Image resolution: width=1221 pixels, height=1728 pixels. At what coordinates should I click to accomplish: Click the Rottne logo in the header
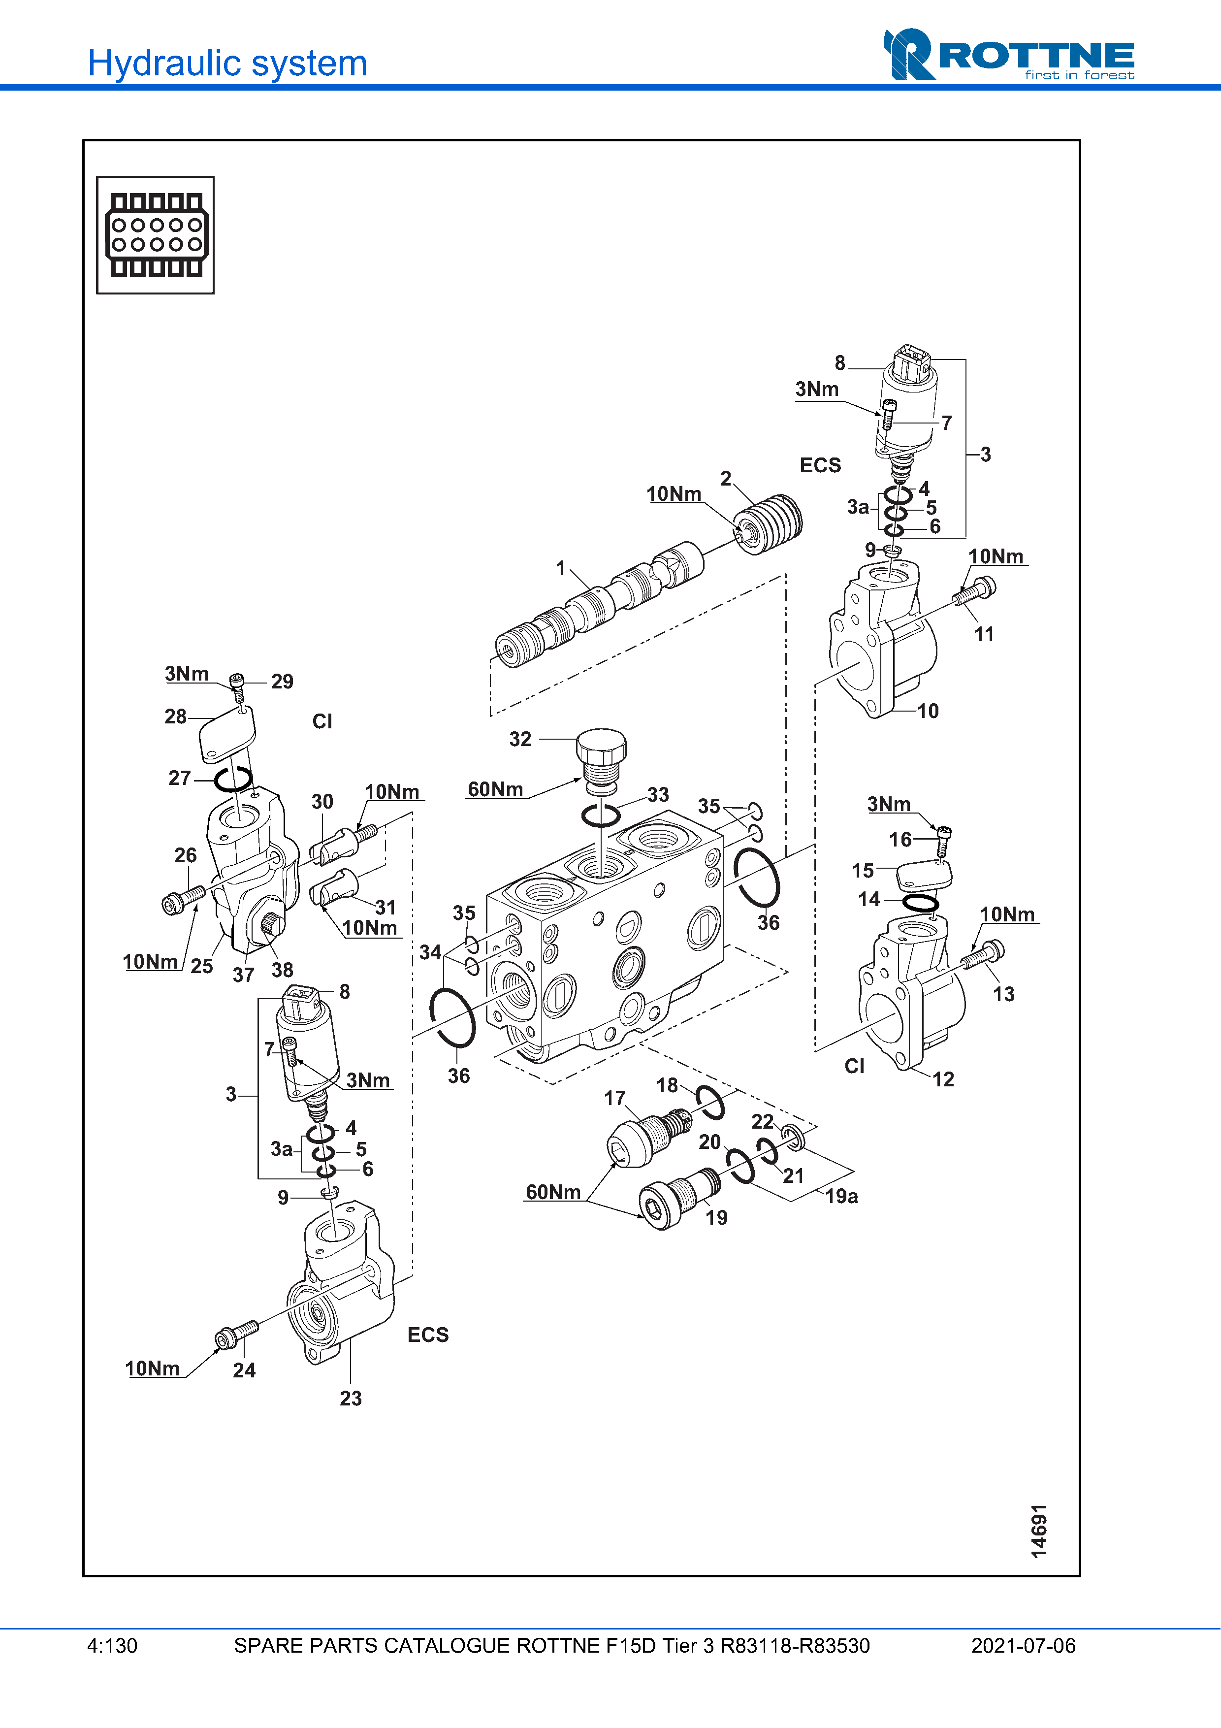pyautogui.click(x=1009, y=54)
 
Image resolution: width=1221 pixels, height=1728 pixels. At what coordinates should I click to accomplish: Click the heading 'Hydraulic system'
pyautogui.click(x=227, y=63)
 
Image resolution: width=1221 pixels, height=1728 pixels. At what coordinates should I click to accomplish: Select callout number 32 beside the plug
pyautogui.click(x=520, y=739)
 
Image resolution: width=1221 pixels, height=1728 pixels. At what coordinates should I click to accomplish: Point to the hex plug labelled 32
pyautogui.click(x=601, y=761)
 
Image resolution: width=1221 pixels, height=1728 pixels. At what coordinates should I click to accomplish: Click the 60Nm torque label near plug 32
pyautogui.click(x=495, y=789)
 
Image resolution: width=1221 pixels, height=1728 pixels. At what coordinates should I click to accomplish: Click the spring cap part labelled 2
pyautogui.click(x=768, y=524)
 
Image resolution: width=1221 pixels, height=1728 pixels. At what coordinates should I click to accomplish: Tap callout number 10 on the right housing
pyautogui.click(x=928, y=711)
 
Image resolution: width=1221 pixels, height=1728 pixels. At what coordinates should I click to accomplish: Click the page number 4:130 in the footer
pyautogui.click(x=112, y=1645)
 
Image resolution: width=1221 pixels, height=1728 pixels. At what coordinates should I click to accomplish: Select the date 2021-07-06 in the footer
pyautogui.click(x=1023, y=1645)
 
